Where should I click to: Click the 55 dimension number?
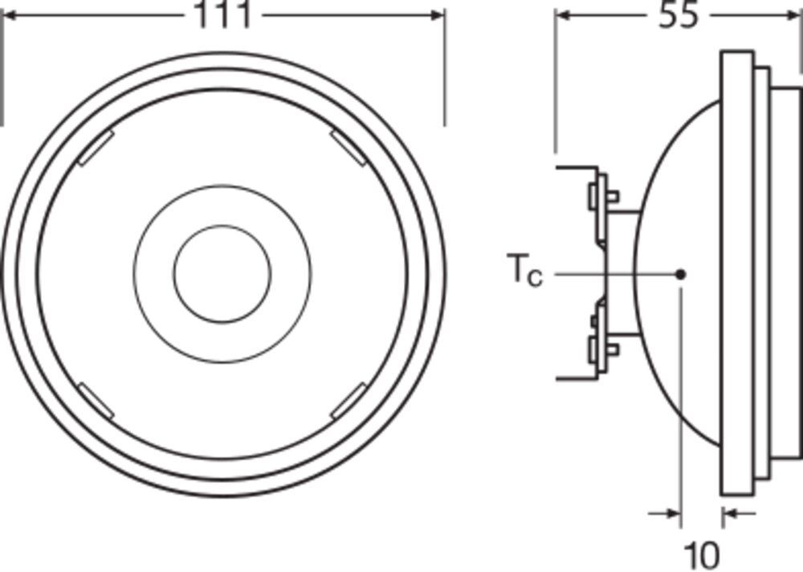679,16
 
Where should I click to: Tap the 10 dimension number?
701,554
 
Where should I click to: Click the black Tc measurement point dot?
681,274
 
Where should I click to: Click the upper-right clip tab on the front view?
349,146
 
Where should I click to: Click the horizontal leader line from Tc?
610,274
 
